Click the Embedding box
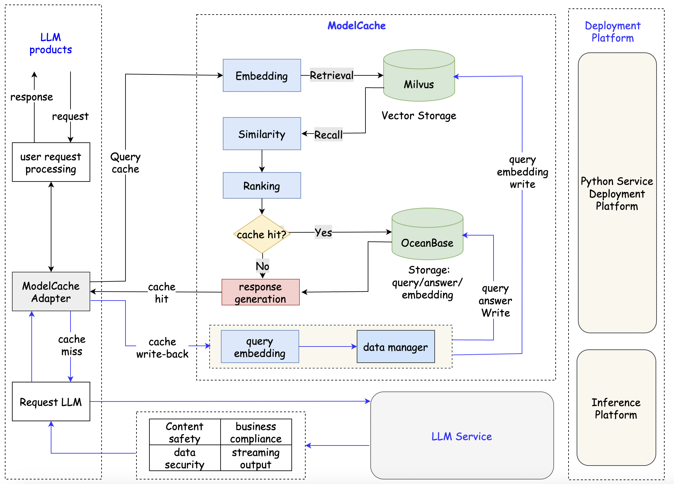[x=262, y=75]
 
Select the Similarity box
[x=262, y=134]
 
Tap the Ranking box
[x=262, y=185]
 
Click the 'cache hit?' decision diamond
[x=262, y=234]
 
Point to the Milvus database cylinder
[x=419, y=79]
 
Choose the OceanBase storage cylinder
[x=427, y=238]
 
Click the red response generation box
[x=260, y=292]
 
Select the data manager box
[x=396, y=346]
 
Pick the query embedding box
[x=260, y=346]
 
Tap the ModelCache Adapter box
[x=51, y=291]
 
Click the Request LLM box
[x=51, y=401]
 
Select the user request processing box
[x=51, y=162]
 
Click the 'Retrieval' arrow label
[x=332, y=75]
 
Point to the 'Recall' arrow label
[x=328, y=134]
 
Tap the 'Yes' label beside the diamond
[x=323, y=232]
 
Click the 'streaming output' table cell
[x=256, y=458]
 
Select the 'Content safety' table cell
[x=185, y=432]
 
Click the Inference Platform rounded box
[x=616, y=408]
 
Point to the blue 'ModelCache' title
[x=356, y=26]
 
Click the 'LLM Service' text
[x=462, y=436]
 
